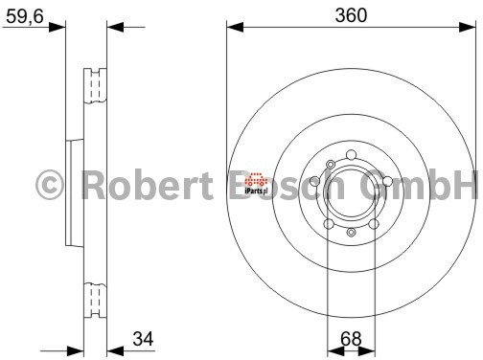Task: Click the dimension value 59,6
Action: pos(25,16)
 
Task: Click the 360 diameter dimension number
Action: pos(351,15)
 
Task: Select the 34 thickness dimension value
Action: pos(143,339)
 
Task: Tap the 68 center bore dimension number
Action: pos(351,339)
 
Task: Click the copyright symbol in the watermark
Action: pos(50,185)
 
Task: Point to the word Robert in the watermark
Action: pos(148,185)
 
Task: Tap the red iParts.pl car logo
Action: pos(256,183)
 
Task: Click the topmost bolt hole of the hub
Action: pos(351,155)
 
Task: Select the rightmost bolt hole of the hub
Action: pos(387,181)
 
